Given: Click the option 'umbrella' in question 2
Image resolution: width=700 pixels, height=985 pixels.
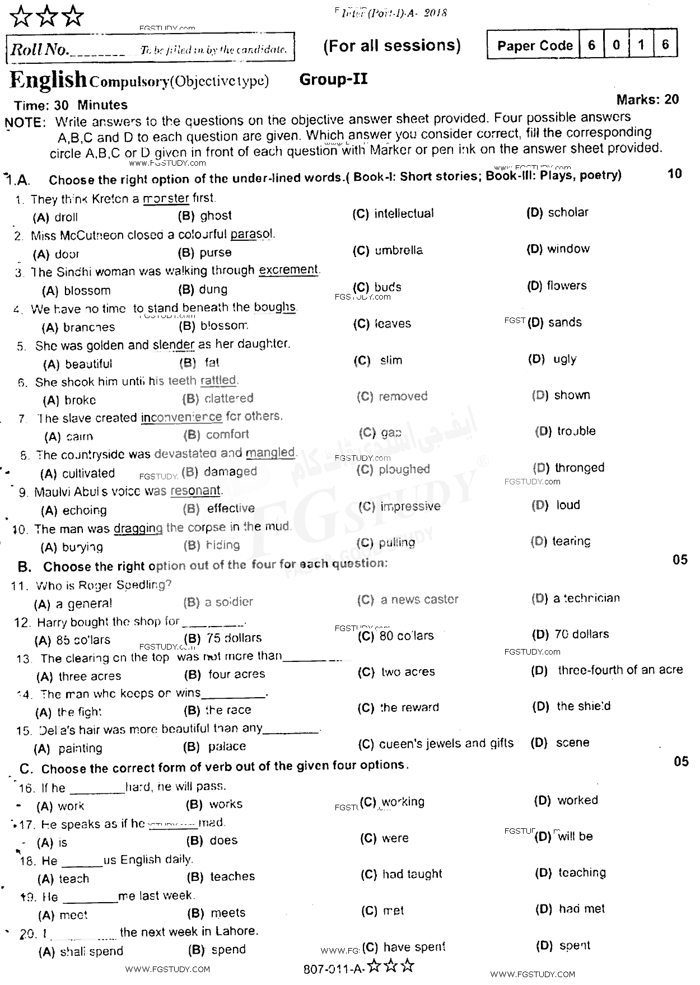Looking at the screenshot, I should tap(398, 250).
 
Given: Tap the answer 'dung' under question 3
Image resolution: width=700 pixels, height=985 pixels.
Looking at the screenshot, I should tap(213, 290).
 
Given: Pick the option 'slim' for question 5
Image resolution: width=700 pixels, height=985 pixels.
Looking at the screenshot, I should tap(391, 360).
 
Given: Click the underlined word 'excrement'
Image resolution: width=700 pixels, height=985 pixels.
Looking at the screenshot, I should tap(288, 270).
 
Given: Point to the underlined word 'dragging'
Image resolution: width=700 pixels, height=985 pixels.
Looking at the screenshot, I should tap(138, 528).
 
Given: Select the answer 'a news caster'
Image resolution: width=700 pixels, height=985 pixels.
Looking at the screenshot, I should tap(419, 600).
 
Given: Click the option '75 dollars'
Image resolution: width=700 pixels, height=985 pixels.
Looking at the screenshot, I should tap(234, 638).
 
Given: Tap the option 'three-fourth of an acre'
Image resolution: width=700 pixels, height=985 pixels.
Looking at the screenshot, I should tap(620, 670).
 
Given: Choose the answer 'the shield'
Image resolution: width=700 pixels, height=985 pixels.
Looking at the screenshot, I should tap(583, 706).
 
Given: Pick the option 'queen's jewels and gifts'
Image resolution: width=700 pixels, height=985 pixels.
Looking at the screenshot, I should tap(446, 743).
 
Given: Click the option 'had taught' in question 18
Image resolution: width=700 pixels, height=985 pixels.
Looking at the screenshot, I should tap(412, 874).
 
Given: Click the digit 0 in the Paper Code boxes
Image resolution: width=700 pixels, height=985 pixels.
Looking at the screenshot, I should tap(616, 45).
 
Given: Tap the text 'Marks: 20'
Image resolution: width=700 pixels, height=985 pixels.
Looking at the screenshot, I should tap(647, 100).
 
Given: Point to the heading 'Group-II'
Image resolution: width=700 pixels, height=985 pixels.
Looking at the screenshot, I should tap(333, 80).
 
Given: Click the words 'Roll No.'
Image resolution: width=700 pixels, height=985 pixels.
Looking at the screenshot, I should tap(39, 50).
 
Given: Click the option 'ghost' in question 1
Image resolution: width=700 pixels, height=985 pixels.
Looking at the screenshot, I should tap(216, 216).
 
